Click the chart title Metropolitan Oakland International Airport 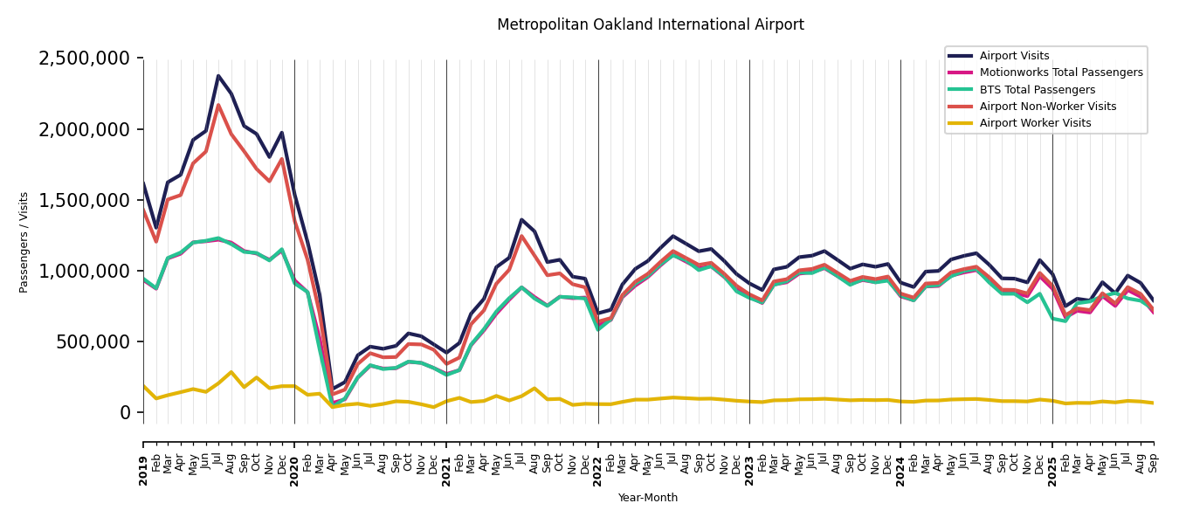pyautogui.click(x=650, y=25)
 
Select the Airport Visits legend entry pyautogui.click(x=1014, y=56)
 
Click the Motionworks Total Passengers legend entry pyautogui.click(x=1060, y=72)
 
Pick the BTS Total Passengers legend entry pyautogui.click(x=1037, y=90)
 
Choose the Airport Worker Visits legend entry pyautogui.click(x=1035, y=123)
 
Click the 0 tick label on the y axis pyautogui.click(x=126, y=412)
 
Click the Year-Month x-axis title pyautogui.click(x=648, y=498)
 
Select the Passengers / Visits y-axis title pyautogui.click(x=24, y=242)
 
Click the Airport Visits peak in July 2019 pyautogui.click(x=218, y=76)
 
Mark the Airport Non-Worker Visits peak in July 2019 pyautogui.click(x=218, y=105)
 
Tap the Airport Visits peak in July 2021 pyautogui.click(x=521, y=219)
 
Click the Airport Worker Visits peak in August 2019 pyautogui.click(x=231, y=372)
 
